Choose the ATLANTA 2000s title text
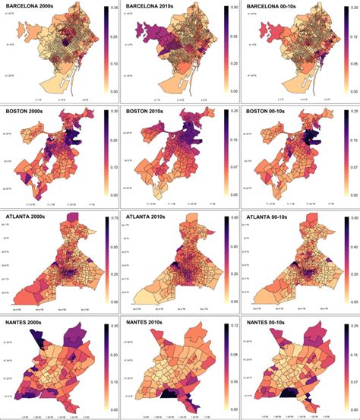click(x=36, y=216)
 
